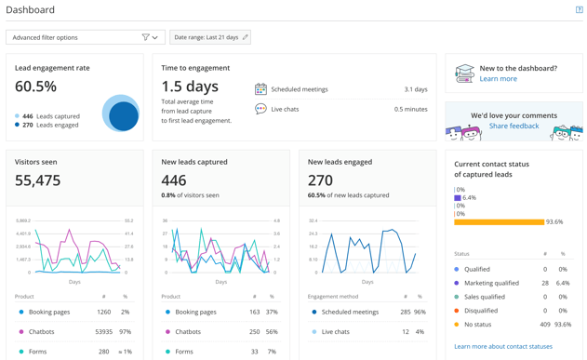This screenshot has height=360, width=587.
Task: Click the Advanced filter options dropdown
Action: [x=85, y=37]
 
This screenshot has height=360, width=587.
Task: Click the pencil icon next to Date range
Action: [x=246, y=37]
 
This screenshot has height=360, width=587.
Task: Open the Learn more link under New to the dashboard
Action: [x=498, y=79]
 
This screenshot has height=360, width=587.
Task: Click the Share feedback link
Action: [x=514, y=126]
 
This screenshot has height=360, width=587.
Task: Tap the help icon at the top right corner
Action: [x=579, y=10]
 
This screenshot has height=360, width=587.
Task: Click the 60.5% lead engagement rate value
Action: [x=35, y=87]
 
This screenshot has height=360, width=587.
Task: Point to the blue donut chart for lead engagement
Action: [x=121, y=113]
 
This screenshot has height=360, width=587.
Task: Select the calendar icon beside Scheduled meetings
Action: [x=260, y=89]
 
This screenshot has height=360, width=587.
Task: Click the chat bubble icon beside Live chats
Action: [x=260, y=109]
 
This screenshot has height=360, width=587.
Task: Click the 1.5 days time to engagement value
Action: [x=190, y=87]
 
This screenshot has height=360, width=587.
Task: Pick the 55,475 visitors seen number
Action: [x=37, y=180]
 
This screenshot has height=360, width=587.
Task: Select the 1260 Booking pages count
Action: [x=104, y=312]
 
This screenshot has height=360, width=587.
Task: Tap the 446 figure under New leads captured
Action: [x=173, y=180]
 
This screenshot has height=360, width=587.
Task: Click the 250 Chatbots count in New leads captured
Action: [x=254, y=331]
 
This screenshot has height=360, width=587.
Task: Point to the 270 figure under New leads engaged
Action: [x=320, y=180]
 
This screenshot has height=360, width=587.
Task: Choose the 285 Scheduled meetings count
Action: [x=405, y=312]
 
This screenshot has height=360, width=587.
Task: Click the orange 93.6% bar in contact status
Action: [x=499, y=222]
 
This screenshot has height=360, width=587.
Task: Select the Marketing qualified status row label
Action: [x=492, y=283]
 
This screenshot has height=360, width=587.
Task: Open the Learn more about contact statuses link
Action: [x=503, y=346]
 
